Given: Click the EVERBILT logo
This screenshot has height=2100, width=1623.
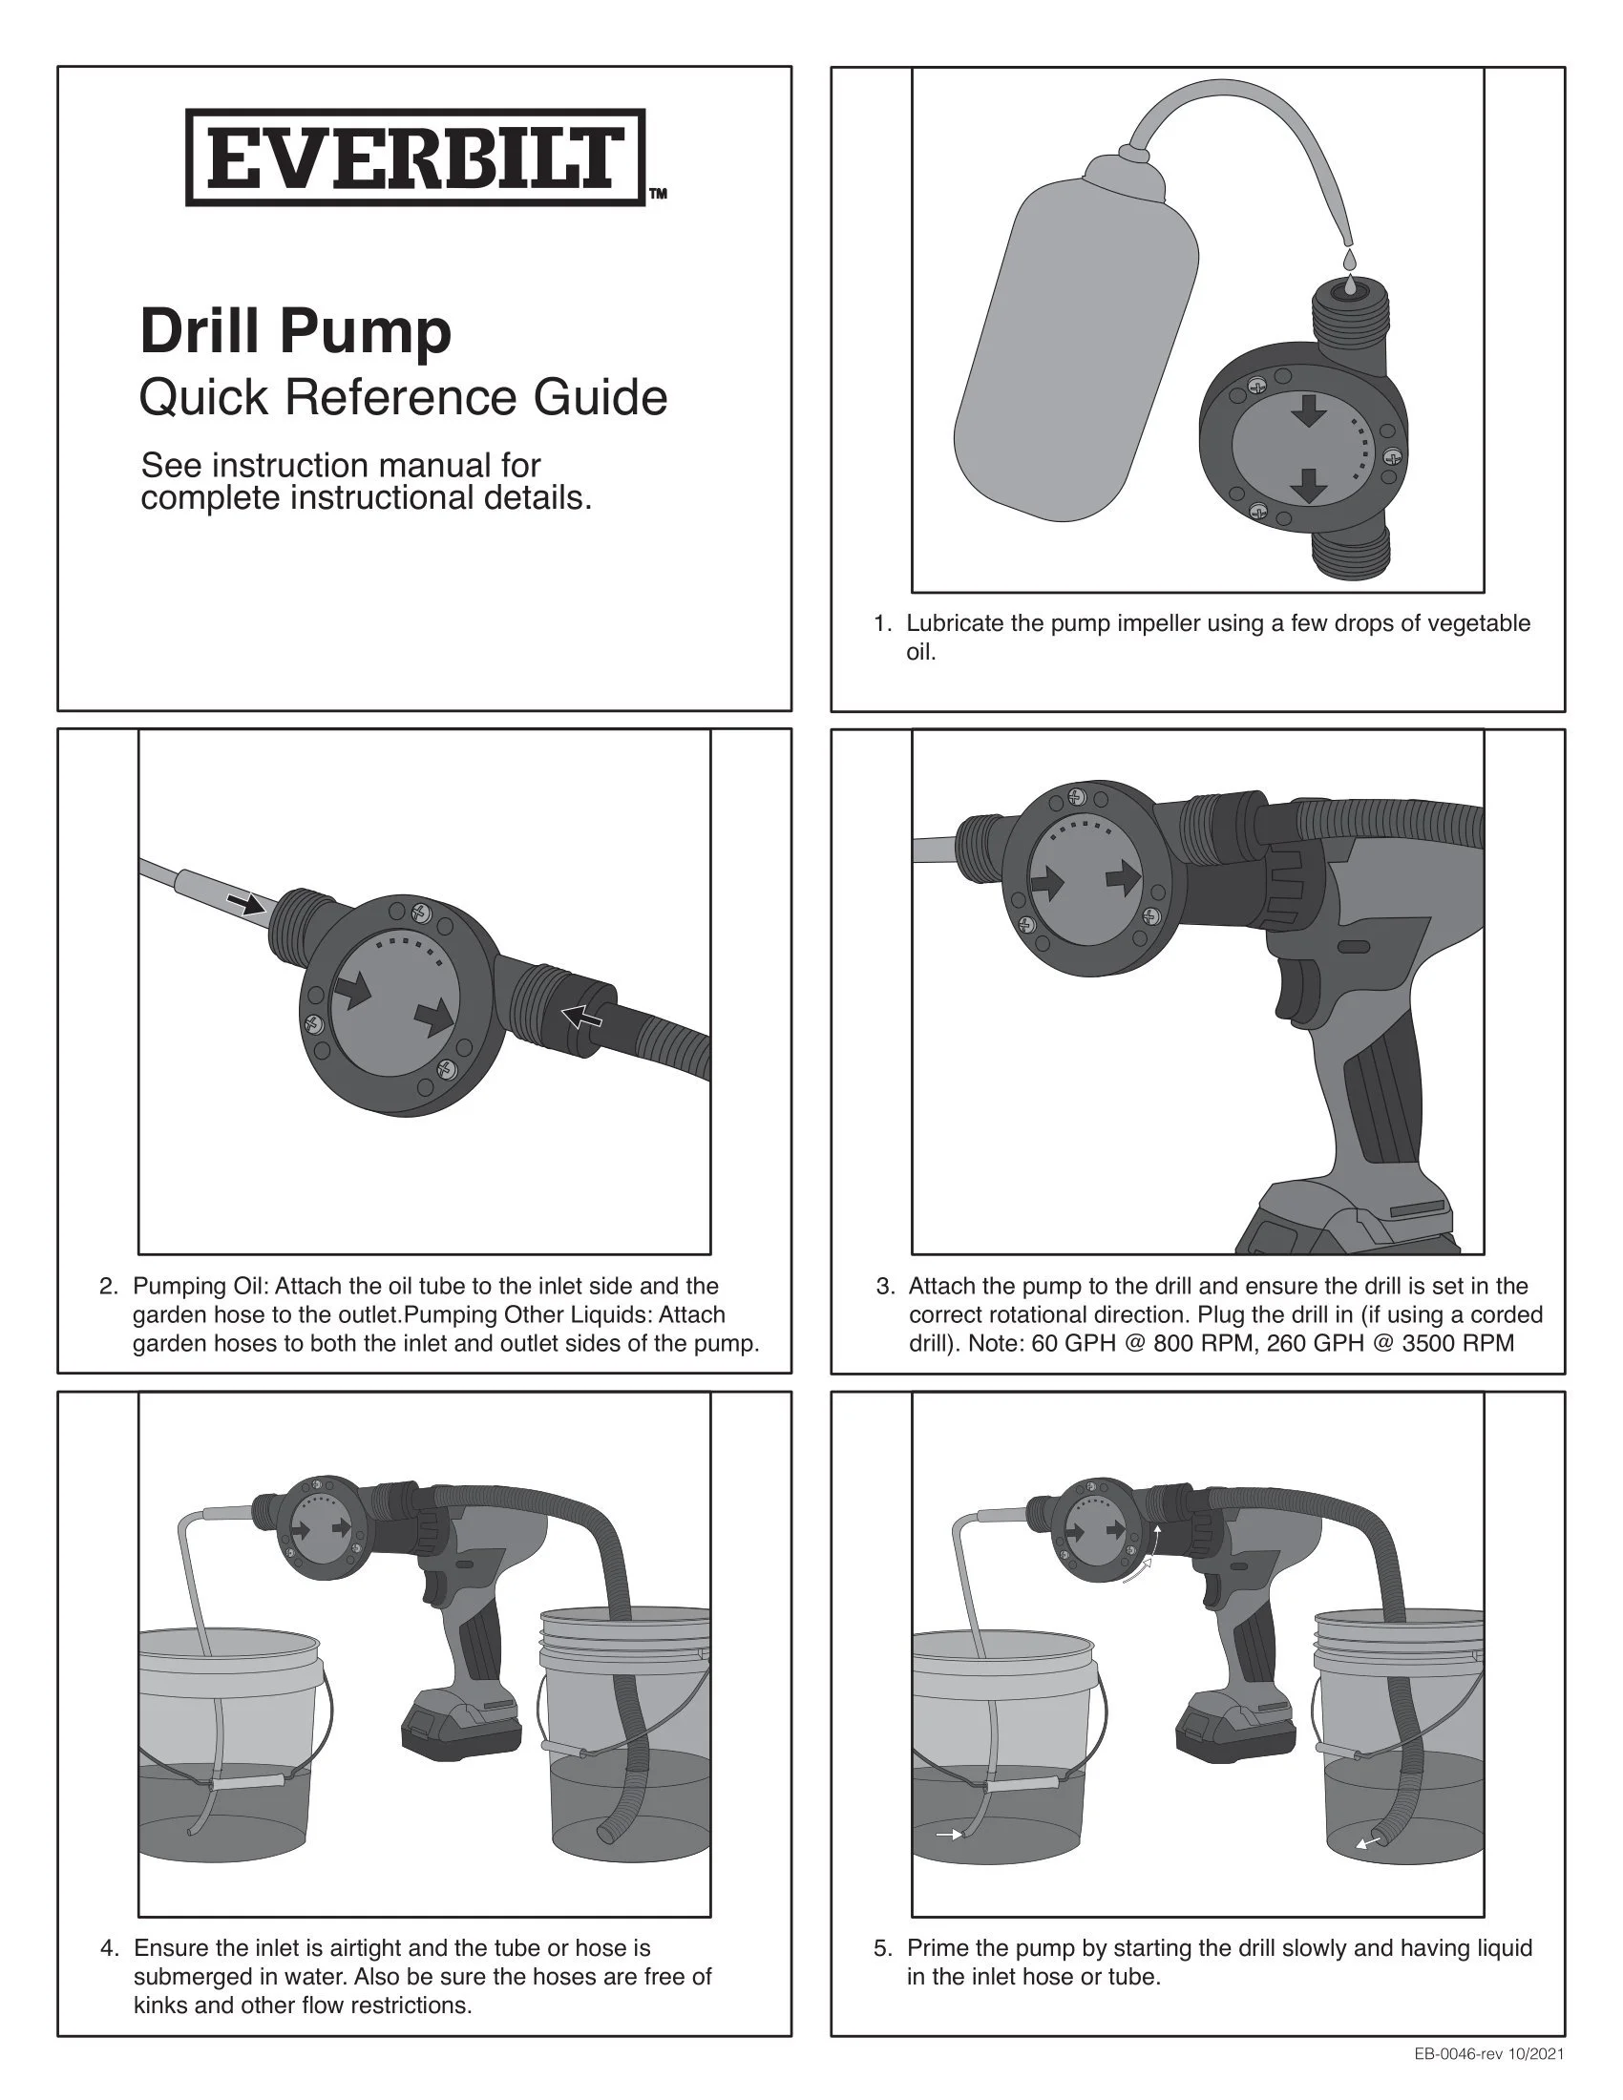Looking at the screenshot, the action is (415, 157).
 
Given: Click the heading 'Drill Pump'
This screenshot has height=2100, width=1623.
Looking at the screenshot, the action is (296, 333).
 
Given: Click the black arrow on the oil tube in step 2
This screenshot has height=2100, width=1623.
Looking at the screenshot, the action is (246, 903).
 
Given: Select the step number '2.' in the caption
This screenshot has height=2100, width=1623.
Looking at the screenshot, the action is (110, 1287).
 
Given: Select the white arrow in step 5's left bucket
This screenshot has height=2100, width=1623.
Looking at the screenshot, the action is (950, 1836).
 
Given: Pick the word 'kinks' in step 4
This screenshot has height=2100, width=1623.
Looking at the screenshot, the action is (160, 2005).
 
